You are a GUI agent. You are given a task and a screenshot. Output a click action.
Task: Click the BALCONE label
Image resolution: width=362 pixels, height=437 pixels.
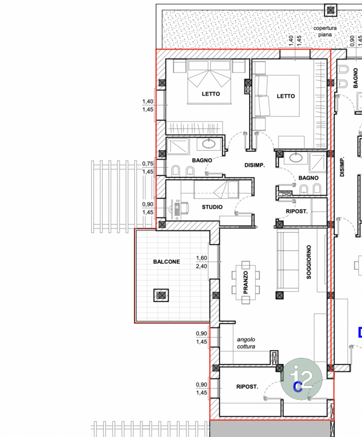click(x=167, y=262)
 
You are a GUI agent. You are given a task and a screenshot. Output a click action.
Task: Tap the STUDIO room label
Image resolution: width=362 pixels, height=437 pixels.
click(x=212, y=207)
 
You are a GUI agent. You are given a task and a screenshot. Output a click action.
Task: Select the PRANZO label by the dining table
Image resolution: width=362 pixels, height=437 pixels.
click(x=246, y=282)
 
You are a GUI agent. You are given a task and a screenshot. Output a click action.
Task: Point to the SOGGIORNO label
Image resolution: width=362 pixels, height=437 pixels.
click(x=308, y=262)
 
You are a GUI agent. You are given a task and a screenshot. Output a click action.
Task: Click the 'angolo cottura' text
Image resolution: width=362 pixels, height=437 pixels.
click(x=246, y=343)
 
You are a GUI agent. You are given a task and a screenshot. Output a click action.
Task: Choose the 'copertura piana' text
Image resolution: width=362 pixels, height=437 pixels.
click(x=325, y=31)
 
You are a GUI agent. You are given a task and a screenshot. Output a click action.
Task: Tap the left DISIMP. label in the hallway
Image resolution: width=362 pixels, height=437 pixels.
click(x=254, y=166)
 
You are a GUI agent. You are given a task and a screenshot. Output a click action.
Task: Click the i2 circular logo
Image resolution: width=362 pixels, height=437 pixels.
click(x=301, y=379)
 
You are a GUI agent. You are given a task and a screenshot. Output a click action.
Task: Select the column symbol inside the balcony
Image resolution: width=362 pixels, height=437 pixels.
click(x=161, y=295)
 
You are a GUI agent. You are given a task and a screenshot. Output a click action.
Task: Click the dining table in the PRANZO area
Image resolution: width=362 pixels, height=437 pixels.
click(x=246, y=282)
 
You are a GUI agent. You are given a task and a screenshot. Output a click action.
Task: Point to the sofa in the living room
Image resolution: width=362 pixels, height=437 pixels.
click(x=288, y=261)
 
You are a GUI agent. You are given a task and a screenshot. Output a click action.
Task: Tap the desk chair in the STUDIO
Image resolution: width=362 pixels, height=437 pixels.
click(x=185, y=208)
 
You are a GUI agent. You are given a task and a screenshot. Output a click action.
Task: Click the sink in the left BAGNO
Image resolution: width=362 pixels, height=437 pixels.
click(x=209, y=144)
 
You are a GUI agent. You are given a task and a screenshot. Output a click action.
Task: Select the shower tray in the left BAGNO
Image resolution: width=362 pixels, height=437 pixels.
click(x=178, y=147)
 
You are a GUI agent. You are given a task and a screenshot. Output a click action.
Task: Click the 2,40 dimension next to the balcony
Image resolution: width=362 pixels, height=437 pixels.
click(x=201, y=266)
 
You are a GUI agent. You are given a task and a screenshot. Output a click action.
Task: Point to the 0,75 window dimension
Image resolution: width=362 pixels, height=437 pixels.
click(x=148, y=163)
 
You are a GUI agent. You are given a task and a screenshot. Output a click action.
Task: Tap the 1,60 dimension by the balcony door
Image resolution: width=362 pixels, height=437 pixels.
click(x=201, y=258)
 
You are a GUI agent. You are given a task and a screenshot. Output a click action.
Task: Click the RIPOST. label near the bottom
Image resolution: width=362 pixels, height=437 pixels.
click(x=247, y=387)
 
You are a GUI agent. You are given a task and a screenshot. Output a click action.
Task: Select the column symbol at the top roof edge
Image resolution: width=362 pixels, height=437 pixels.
click(x=330, y=10)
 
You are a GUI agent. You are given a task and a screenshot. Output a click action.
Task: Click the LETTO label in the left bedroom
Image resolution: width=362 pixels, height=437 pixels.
click(x=211, y=94)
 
